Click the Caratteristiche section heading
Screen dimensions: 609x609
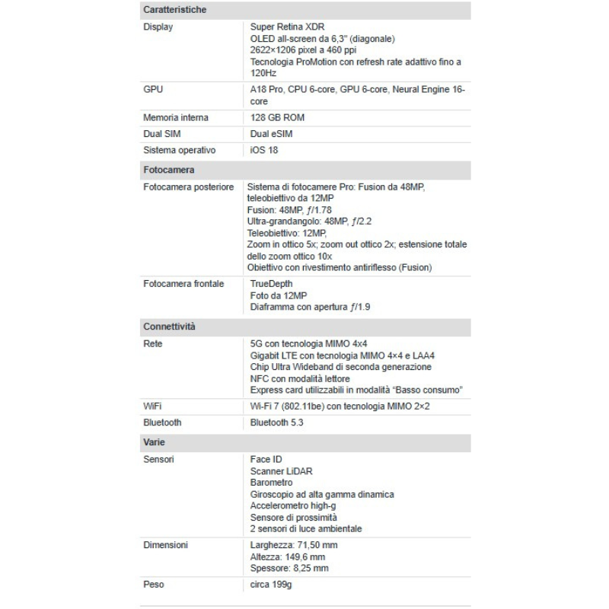174,10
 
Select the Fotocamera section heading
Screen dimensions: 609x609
168,170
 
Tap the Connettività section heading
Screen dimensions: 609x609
169,326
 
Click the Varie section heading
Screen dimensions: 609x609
154,442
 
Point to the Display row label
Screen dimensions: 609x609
158,27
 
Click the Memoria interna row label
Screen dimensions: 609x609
176,118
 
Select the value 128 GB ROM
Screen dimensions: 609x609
278,118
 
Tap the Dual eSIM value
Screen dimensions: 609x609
271,134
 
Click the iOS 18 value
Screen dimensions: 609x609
265,150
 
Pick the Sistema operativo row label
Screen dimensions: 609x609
180,150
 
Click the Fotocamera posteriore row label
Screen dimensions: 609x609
188,187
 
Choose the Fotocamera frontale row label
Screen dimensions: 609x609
183,284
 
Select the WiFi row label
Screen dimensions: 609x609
153,406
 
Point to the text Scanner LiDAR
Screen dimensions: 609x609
281,471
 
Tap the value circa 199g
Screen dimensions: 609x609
272,585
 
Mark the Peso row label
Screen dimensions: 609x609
154,585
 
